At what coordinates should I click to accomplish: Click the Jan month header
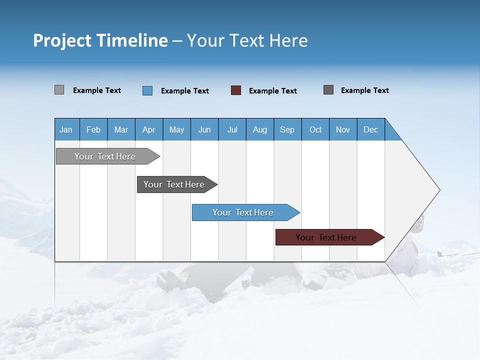click(66, 129)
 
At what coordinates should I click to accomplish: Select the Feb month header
click(93, 129)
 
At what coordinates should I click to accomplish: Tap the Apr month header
click(148, 129)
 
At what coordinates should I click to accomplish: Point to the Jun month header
click(204, 129)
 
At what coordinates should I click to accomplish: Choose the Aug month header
click(259, 129)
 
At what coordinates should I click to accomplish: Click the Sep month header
click(287, 129)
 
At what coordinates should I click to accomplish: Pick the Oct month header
click(315, 129)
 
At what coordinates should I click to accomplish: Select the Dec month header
click(370, 129)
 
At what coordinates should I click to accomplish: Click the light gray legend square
click(59, 90)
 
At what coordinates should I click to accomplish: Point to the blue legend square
click(147, 90)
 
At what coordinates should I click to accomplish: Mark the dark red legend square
click(236, 90)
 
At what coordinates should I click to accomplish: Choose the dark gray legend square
click(328, 90)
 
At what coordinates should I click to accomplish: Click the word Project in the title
click(63, 40)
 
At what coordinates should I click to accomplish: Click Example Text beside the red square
click(272, 91)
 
